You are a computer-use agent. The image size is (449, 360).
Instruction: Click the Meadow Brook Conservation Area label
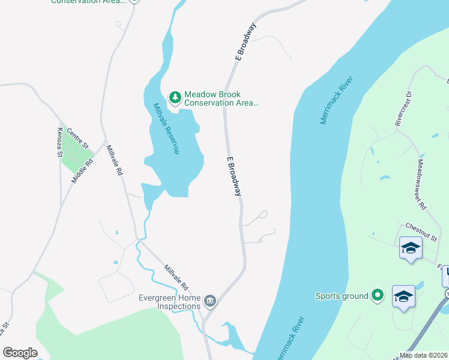[221, 99]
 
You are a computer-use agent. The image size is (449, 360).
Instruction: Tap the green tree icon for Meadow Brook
[175, 96]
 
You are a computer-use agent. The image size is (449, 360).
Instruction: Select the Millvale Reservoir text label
[167, 129]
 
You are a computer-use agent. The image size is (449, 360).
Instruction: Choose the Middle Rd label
[83, 170]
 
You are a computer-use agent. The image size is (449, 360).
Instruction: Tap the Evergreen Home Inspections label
[169, 302]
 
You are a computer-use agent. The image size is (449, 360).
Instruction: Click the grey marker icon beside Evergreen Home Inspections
[210, 301]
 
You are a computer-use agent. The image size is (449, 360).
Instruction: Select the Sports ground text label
[342, 295]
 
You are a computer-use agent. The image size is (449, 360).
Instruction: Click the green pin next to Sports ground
[377, 295]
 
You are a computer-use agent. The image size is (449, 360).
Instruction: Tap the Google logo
[20, 353]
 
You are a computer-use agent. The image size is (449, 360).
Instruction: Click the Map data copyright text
[423, 355]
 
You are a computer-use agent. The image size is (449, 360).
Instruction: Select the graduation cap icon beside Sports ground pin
[403, 296]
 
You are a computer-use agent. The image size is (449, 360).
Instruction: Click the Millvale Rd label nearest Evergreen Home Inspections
[176, 277]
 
